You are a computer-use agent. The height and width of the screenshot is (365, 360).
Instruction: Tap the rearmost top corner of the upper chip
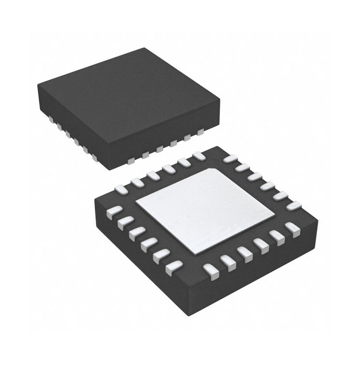145,48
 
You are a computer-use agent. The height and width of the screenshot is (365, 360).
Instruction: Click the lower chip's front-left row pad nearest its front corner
174,267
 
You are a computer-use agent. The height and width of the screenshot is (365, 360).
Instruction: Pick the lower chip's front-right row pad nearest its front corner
210,269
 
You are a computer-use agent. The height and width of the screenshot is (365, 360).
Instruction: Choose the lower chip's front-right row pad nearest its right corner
292,227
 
